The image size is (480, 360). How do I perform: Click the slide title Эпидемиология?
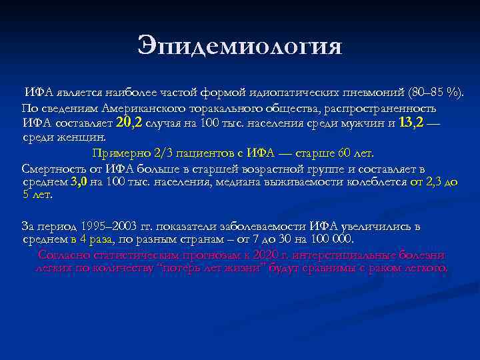pos(240,45)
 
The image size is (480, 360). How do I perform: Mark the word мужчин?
pos(359,123)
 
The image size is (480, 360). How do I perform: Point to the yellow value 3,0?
pos(79,181)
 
